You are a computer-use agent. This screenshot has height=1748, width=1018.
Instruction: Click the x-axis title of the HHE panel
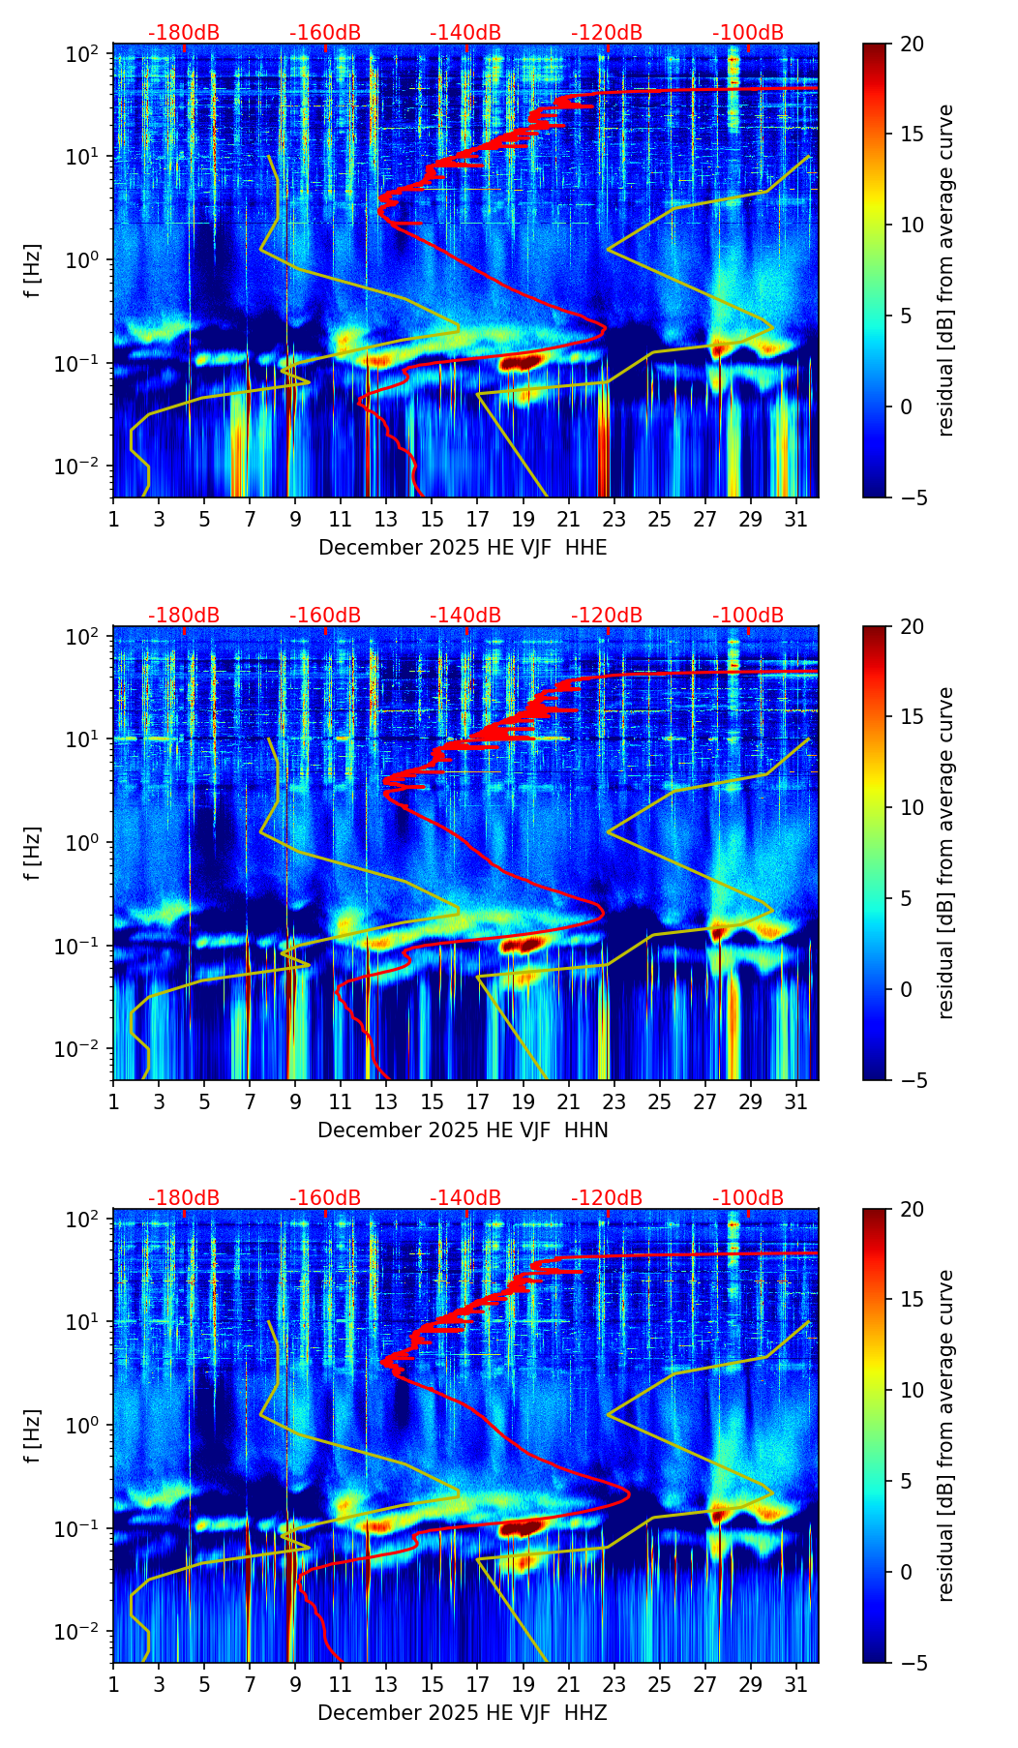[463, 548]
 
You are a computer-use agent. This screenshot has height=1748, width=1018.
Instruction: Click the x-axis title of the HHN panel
[463, 1130]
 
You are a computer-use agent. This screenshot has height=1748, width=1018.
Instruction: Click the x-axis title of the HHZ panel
[463, 1713]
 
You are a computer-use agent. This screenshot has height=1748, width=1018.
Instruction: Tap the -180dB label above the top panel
[184, 33]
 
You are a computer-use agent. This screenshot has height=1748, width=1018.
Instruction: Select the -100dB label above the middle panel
[748, 616]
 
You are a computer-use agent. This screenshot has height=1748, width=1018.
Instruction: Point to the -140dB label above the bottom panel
[465, 1198]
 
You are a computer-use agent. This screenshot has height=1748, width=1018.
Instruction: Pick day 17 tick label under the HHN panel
[477, 1102]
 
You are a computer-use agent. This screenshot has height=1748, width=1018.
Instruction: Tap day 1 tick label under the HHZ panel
[113, 1685]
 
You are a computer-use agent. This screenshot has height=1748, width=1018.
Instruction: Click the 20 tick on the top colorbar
[912, 44]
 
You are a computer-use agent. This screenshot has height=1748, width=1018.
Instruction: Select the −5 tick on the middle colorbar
[912, 1080]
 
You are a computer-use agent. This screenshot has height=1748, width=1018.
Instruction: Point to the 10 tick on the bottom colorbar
[912, 1391]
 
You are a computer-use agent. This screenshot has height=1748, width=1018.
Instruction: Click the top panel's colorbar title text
[945, 270]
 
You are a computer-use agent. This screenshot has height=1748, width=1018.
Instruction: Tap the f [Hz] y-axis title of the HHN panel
[33, 853]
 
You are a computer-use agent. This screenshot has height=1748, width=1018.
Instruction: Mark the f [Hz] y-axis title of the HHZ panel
[33, 1435]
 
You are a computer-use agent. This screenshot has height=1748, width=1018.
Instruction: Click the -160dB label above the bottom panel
[325, 1198]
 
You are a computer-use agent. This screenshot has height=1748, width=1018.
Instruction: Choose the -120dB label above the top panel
[607, 33]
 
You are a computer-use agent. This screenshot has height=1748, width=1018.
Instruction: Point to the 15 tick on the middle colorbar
[912, 717]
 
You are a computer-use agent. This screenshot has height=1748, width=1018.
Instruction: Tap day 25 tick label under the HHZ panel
[659, 1685]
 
